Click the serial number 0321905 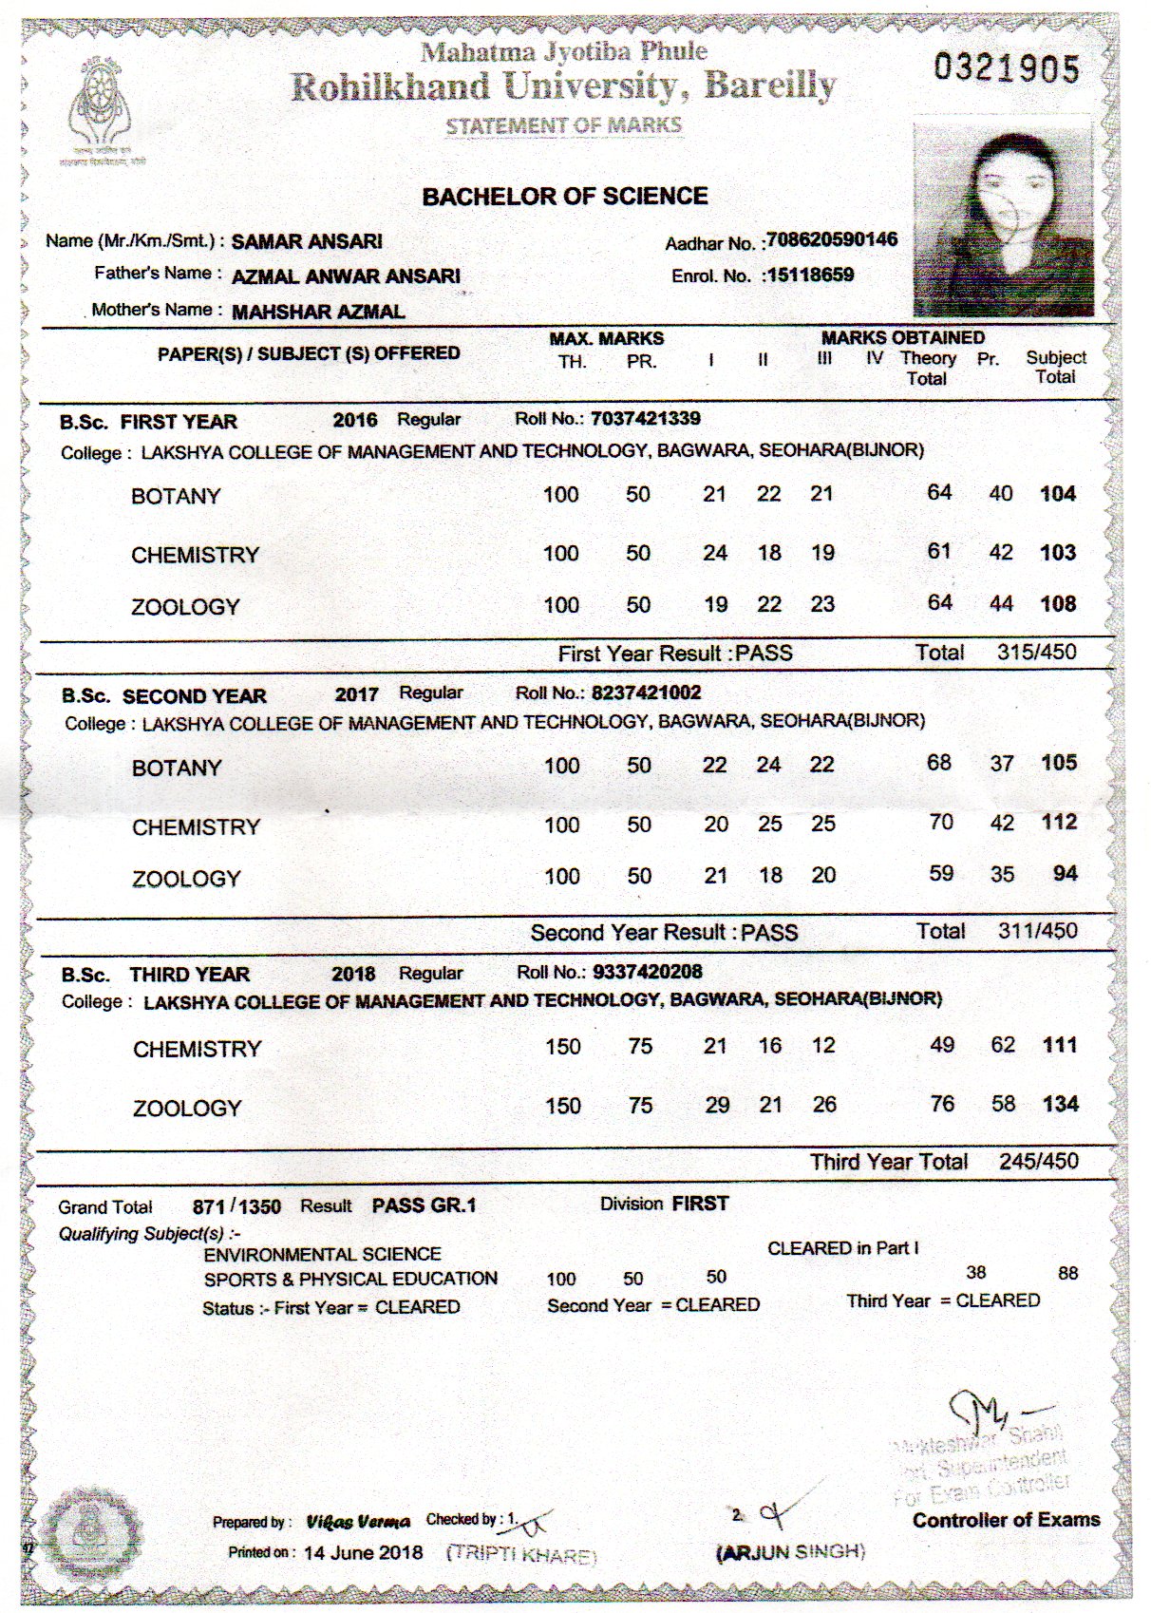pos(1007,68)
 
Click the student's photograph pos(1003,218)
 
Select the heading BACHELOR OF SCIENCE pos(565,197)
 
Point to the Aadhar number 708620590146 pos(832,239)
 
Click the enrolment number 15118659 pos(810,275)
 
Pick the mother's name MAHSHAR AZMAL pos(318,311)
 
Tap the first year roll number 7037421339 pos(646,418)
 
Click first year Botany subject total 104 pos(1058,493)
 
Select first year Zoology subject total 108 pos(1058,603)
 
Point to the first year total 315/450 pos(1037,653)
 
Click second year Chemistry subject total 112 pos(1059,822)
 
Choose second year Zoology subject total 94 pos(1066,874)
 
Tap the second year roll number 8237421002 pos(646,693)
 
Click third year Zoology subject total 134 pos(1060,1104)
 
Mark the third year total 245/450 pos(1038,1161)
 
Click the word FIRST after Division pos(700,1204)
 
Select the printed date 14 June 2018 pos(364,1552)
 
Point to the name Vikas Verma pos(358,1522)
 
